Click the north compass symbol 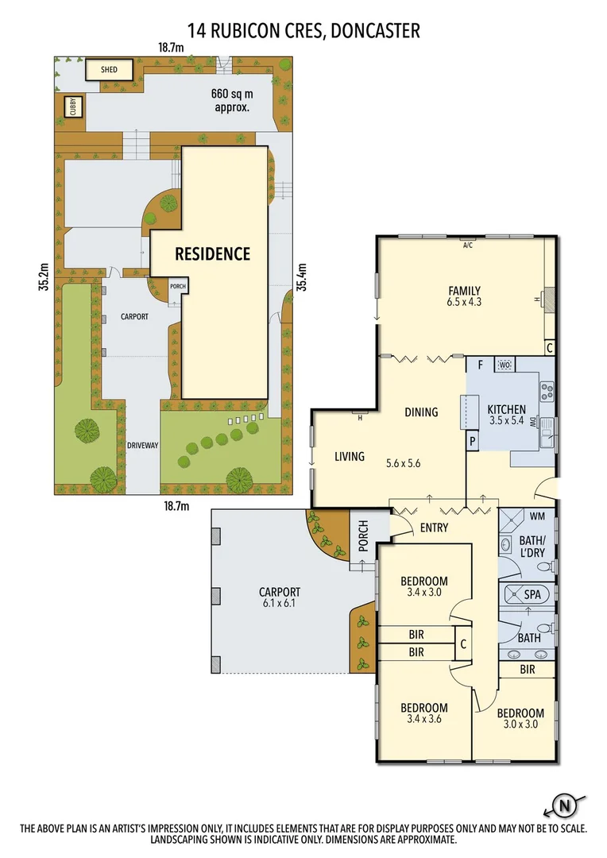[x=565, y=806]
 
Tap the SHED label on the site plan [x=109, y=69]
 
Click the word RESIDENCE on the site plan [x=212, y=254]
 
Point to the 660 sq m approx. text [x=230, y=99]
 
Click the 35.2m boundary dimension [x=44, y=278]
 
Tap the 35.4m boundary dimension [x=301, y=279]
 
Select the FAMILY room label [x=464, y=290]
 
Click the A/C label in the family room [x=467, y=245]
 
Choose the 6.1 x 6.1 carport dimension [x=279, y=603]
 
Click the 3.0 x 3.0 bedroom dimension [x=523, y=725]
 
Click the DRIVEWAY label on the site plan [x=143, y=446]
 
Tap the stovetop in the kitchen [x=547, y=390]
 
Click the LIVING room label [x=349, y=456]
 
